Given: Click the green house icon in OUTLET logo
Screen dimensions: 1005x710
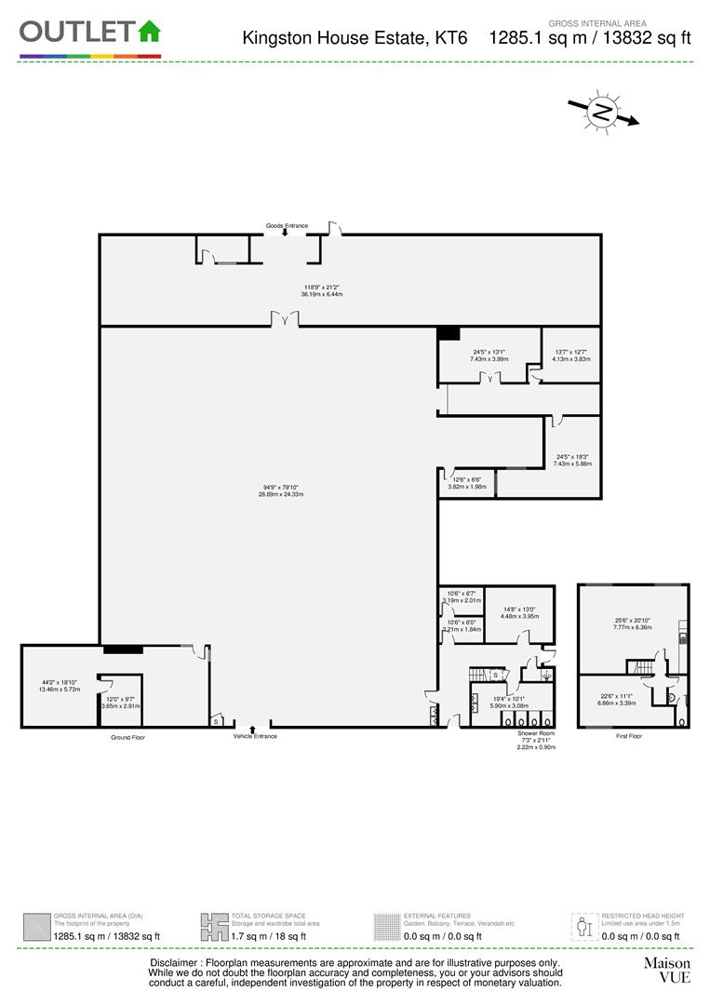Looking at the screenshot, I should (149, 31).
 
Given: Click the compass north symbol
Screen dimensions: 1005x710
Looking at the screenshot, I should (603, 114).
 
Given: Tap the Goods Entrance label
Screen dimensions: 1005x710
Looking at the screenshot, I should (286, 225).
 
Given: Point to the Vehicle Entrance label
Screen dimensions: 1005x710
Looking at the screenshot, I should (255, 736).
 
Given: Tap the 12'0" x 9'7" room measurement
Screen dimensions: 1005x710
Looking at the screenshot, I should (121, 703).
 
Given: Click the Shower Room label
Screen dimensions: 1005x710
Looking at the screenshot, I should (536, 733).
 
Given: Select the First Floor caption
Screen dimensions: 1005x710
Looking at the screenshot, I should (628, 736).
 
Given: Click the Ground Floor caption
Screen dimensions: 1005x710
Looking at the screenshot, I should (127, 737).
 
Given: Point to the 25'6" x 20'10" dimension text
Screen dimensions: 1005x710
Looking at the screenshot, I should (633, 623).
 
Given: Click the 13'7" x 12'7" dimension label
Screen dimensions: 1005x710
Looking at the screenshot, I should (572, 355).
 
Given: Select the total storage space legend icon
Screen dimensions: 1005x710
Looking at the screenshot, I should (214, 927).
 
